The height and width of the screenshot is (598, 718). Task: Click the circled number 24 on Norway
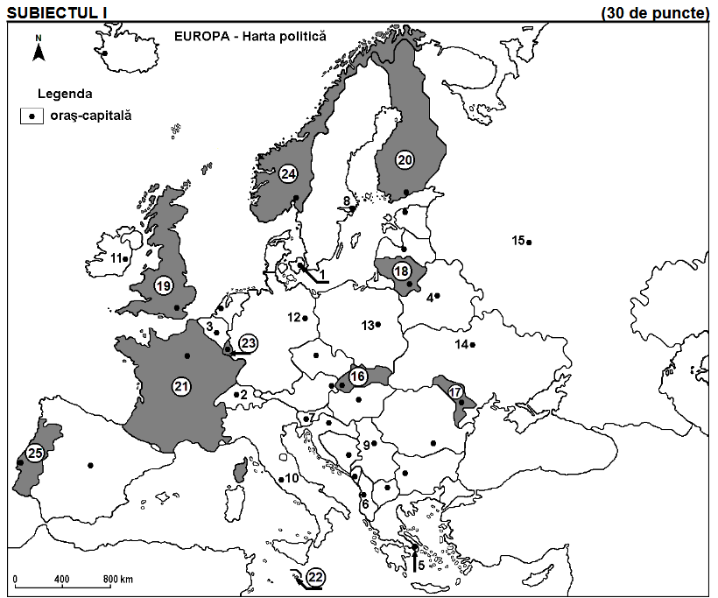pos(288,174)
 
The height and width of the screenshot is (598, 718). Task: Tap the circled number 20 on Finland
pos(405,158)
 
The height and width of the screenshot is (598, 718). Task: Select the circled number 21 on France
pos(183,385)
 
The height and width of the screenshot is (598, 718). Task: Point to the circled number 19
pos(163,285)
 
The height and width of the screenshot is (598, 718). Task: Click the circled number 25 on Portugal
pos(34,453)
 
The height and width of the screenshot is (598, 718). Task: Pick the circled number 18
pos(402,271)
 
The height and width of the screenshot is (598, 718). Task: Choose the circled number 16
pos(357,376)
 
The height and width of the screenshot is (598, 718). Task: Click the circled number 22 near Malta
pos(316,576)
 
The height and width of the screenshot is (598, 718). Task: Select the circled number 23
pos(248,343)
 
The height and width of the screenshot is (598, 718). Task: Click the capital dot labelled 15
pos(529,242)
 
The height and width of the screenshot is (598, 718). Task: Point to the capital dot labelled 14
pos(473,345)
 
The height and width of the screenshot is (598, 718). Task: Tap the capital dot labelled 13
pos(378,325)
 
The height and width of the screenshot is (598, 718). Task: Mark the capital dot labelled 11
pos(126,258)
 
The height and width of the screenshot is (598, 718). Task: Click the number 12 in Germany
pos(294,317)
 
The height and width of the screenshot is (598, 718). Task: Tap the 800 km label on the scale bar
pos(118,580)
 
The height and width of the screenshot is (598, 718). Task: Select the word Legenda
pos(66,93)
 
